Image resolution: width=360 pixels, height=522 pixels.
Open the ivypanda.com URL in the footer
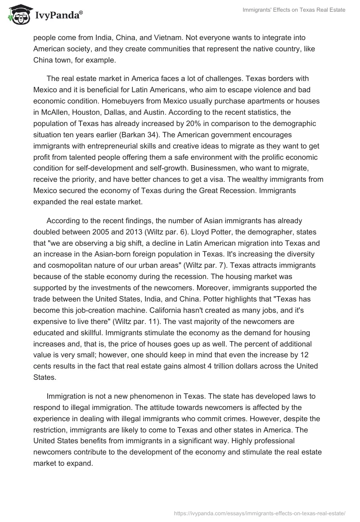259,512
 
